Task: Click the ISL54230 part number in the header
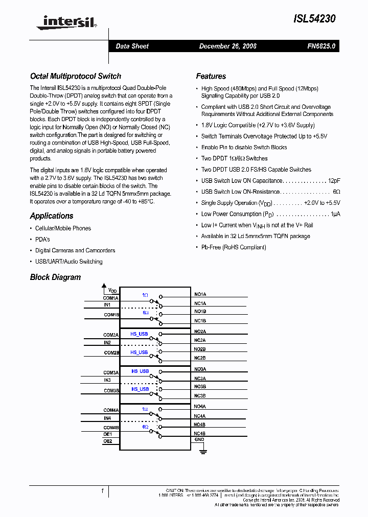click(314, 19)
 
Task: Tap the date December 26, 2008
click(227, 46)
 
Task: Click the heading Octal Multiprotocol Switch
click(76, 76)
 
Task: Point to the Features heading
click(211, 76)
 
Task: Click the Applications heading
click(52, 216)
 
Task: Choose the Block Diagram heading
click(55, 277)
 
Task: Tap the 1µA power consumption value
click(335, 214)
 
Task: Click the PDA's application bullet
click(42, 240)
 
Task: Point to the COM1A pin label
click(110, 298)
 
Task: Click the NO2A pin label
click(200, 332)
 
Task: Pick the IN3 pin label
click(107, 380)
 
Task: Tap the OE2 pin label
click(107, 440)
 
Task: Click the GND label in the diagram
click(199, 439)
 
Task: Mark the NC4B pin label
click(200, 433)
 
